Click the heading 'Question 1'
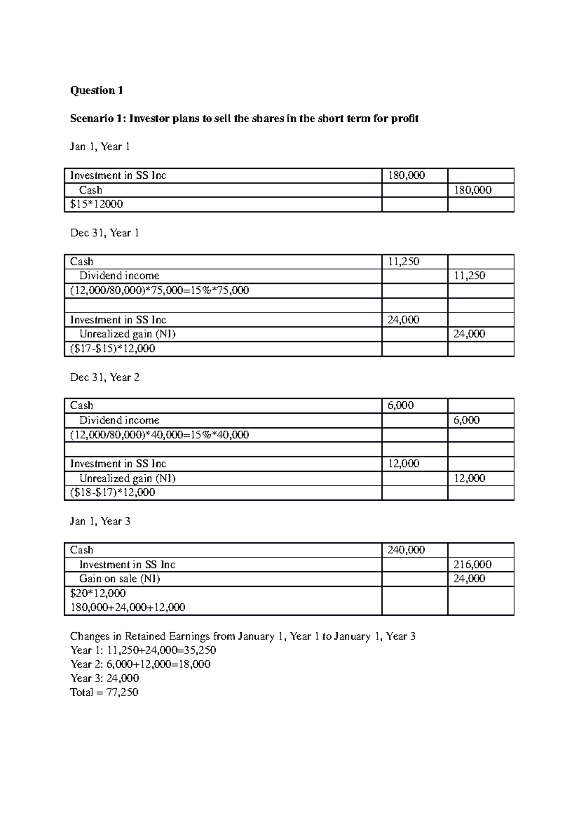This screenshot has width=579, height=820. coord(96,90)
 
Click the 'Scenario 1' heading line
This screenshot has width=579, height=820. coord(244,118)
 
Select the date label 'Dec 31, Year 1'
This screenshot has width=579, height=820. coord(105,233)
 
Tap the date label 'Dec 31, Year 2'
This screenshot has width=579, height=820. coord(105,377)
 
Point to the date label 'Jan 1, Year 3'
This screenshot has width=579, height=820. coord(100,521)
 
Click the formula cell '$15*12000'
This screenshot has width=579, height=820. coord(96,204)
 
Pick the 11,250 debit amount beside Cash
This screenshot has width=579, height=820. coord(403,262)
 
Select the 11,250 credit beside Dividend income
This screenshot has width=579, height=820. coord(469,276)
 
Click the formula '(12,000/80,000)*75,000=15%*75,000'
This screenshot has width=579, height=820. coord(160,290)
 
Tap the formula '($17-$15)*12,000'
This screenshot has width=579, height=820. coord(113,348)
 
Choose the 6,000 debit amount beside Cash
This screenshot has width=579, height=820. coord(400,406)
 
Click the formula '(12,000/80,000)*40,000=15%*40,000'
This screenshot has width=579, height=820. coord(160,435)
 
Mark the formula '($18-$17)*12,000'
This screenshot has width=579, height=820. coord(113,493)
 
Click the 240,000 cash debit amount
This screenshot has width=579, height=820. coord(406,550)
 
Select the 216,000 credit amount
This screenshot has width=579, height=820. coord(472,564)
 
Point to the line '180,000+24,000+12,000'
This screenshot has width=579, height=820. coord(128,607)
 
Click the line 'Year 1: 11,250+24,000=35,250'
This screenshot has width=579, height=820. coord(143,650)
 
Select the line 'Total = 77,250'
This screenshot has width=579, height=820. coord(104,692)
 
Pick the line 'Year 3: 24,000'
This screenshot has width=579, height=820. coord(105,678)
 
